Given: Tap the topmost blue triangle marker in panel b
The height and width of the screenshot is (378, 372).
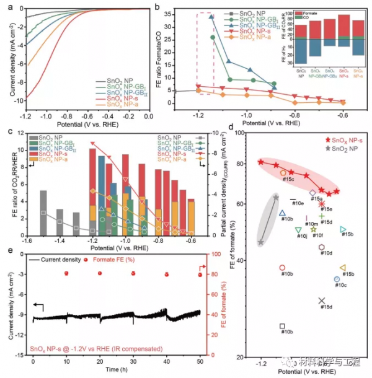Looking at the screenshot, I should [211, 17].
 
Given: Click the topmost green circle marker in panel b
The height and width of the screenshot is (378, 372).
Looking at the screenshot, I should [213, 37].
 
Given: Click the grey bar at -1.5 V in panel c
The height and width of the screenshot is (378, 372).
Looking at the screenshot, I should [43, 211].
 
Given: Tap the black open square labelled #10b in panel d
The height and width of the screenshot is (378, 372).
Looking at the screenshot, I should [283, 326].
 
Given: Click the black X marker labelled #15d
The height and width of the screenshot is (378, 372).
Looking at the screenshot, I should [322, 301].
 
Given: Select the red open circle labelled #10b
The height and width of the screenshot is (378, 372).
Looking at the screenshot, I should [283, 268].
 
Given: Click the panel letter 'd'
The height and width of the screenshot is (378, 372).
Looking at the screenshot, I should [232, 129].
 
